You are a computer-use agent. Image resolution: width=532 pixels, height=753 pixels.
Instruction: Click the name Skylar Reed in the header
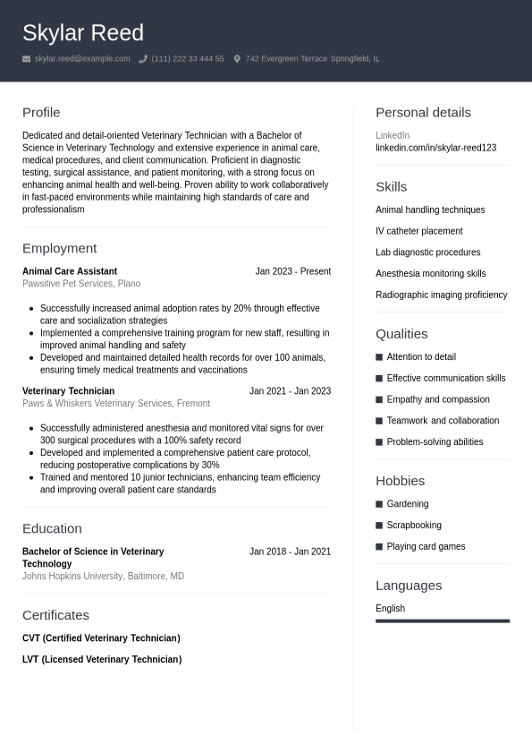pyautogui.click(x=82, y=33)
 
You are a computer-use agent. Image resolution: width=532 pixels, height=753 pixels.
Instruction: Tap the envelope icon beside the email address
pyautogui.click(x=27, y=59)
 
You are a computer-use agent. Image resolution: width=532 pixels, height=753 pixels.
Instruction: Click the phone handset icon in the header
pyautogui.click(x=143, y=59)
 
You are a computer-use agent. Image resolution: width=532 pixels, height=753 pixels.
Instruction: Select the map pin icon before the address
pyautogui.click(x=237, y=59)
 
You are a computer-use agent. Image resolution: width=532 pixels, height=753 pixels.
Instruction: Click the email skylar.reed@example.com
pyautogui.click(x=82, y=59)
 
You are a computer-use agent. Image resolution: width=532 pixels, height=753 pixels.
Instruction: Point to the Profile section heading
pyautogui.click(x=41, y=113)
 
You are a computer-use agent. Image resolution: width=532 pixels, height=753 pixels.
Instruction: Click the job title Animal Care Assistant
pyautogui.click(x=70, y=271)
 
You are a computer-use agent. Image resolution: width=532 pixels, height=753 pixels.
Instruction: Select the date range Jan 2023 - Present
pyautogui.click(x=292, y=271)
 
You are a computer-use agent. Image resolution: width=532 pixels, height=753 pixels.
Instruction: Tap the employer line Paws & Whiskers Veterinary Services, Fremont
pyautogui.click(x=116, y=404)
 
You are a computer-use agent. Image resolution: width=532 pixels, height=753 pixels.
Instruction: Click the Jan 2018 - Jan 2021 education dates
pyautogui.click(x=290, y=552)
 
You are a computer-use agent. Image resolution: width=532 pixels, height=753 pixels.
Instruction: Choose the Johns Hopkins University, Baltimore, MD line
pyautogui.click(x=103, y=577)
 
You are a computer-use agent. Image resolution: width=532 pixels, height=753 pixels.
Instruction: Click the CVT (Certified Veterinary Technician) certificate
pyautogui.click(x=101, y=638)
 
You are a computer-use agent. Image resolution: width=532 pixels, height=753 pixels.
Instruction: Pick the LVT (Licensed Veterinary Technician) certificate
pyautogui.click(x=102, y=660)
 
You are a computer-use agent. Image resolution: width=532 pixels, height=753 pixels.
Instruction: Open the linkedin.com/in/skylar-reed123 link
pyautogui.click(x=435, y=148)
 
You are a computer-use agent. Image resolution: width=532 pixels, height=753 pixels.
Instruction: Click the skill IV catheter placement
pyautogui.click(x=418, y=231)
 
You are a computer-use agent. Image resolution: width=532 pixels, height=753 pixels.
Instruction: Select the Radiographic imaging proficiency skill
pyautogui.click(x=441, y=295)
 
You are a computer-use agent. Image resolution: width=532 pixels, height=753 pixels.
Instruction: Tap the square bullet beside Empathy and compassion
pyautogui.click(x=379, y=399)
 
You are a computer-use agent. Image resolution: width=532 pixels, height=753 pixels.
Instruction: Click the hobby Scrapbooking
pyautogui.click(x=413, y=526)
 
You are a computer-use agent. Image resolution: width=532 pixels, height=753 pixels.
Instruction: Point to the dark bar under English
pyautogui.click(x=443, y=620)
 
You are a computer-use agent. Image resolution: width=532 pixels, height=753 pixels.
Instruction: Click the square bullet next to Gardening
pyautogui.click(x=379, y=504)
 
